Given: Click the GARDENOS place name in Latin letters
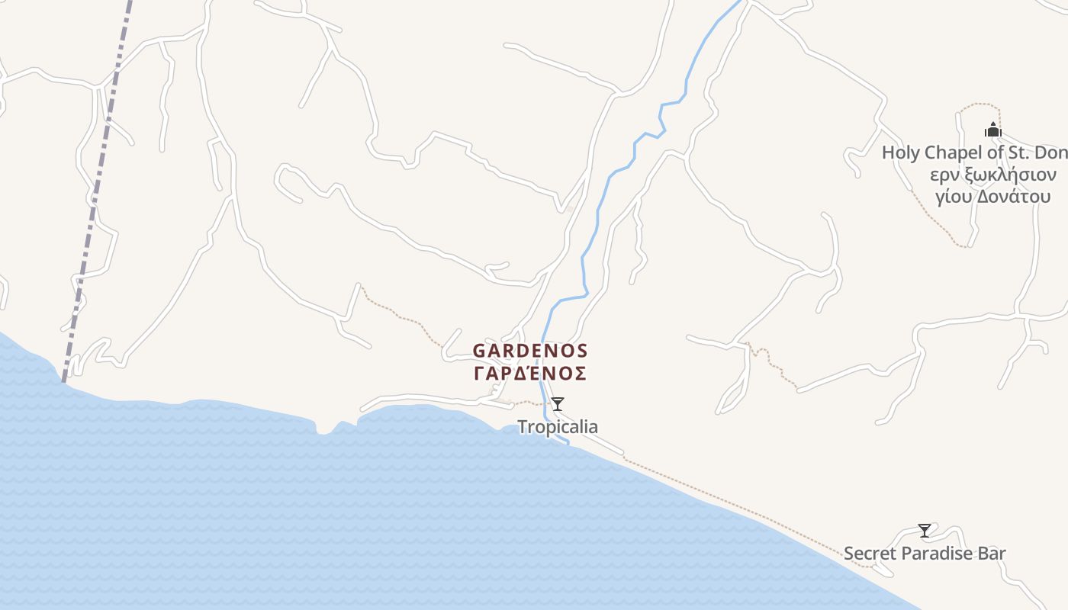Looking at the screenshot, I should (x=530, y=351).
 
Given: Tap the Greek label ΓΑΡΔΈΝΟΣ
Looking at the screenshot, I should (x=530, y=374).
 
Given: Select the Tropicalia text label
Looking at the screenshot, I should (x=558, y=427).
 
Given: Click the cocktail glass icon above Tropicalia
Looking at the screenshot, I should (x=558, y=404).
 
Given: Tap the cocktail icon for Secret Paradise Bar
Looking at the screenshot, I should (x=925, y=530).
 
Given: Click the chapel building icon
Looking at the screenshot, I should (x=992, y=130).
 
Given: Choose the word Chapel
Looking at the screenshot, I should (x=951, y=152).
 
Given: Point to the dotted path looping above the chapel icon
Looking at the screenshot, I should (x=980, y=104).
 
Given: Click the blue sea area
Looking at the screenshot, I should (x=305, y=518).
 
